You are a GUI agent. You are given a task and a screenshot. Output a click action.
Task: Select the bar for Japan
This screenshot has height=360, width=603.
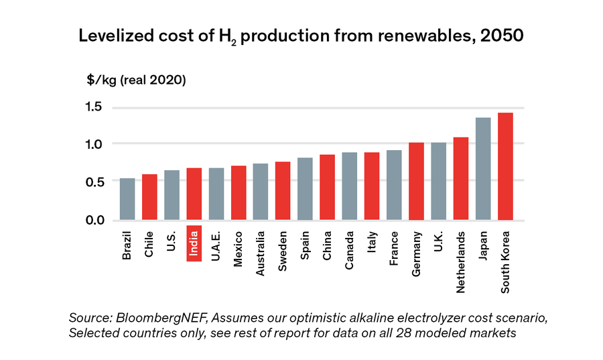[x=483, y=169]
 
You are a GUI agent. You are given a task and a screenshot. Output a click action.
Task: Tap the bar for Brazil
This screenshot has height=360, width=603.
[x=127, y=199]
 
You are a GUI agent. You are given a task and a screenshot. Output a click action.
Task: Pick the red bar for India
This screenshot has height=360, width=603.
[x=194, y=194]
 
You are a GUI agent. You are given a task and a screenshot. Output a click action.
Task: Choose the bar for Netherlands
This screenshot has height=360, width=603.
[x=461, y=179]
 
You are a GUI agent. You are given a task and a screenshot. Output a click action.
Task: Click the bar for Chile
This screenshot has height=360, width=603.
[x=149, y=197]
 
